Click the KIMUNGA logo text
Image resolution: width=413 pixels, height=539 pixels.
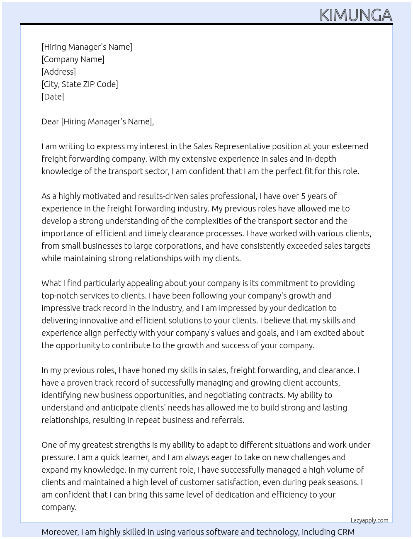[356, 15]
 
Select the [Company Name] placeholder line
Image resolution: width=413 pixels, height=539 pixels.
[73, 59]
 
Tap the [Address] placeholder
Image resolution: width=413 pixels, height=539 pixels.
[58, 72]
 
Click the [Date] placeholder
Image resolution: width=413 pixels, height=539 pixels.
[53, 97]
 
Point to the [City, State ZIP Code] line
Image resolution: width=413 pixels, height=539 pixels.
[80, 84]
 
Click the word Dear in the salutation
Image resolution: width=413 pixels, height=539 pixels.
[50, 121]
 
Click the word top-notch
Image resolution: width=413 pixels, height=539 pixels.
[60, 296]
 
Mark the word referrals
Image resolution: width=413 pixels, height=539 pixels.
[228, 420]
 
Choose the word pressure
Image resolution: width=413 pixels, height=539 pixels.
[58, 457]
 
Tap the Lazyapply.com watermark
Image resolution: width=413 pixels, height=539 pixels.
[369, 520]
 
